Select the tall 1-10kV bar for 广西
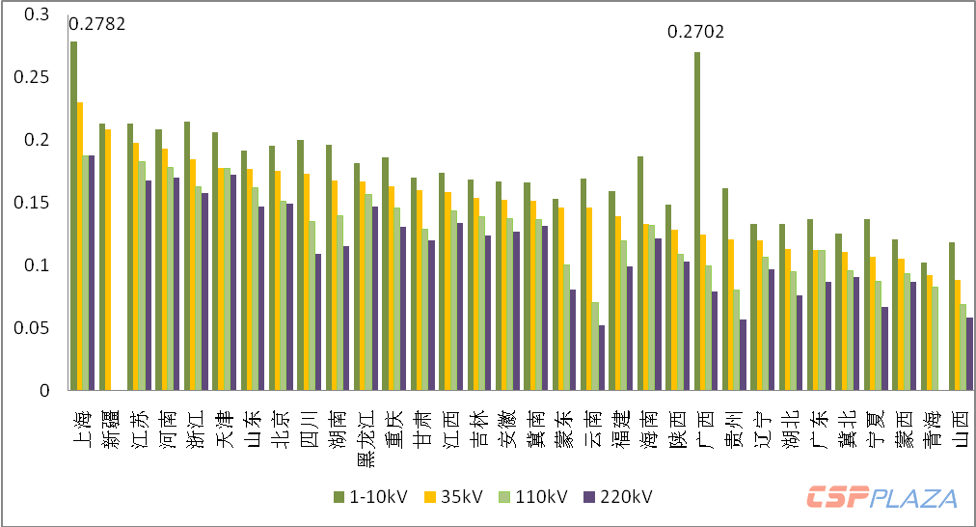[x=697, y=221]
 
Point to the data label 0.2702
[x=696, y=33]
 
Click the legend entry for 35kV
[x=455, y=497]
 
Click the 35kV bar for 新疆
[x=108, y=260]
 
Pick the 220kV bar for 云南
[x=602, y=357]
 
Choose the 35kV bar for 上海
[x=80, y=246]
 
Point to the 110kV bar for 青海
[x=935, y=338]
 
